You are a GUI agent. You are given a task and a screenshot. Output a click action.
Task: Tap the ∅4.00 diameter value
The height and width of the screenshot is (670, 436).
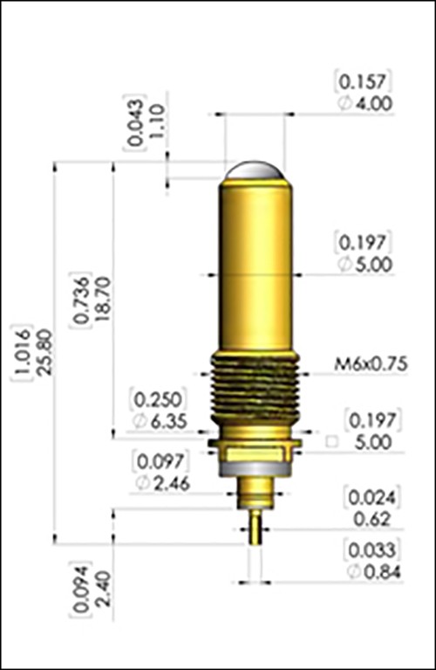click(365, 103)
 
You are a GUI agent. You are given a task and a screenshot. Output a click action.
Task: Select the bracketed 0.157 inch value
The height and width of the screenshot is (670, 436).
click(365, 82)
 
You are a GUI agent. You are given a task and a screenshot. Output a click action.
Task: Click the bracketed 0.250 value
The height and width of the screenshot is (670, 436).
click(155, 399)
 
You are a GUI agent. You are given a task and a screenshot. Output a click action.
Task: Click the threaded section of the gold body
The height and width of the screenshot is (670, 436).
click(253, 384)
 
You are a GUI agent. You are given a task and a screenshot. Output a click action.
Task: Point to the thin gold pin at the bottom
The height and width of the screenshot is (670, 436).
click(254, 528)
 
